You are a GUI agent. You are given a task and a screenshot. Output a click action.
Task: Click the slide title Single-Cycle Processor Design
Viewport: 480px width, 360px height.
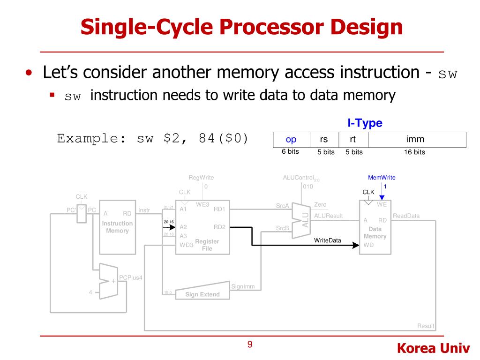click(241, 27)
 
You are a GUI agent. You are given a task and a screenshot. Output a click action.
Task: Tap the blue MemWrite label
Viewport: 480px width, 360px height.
click(382, 178)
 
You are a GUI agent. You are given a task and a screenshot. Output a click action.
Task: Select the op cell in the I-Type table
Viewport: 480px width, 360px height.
click(291, 139)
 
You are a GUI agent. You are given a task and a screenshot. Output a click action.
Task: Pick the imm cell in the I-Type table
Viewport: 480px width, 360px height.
click(415, 139)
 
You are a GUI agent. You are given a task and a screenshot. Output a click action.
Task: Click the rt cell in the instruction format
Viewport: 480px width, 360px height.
click(352, 139)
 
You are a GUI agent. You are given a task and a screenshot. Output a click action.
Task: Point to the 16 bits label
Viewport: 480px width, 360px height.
click(414, 152)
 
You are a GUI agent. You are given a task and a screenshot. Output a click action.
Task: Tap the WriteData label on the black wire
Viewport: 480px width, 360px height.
click(328, 240)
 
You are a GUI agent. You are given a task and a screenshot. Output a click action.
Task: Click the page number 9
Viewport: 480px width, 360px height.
click(250, 345)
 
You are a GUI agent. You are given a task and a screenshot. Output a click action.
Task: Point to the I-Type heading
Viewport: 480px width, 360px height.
click(365, 123)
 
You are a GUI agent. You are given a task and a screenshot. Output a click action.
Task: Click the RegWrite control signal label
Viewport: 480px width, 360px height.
click(201, 178)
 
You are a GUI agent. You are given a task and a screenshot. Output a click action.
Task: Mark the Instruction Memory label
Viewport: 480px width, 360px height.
click(117, 227)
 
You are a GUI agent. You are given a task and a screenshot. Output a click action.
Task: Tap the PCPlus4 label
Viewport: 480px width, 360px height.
click(130, 277)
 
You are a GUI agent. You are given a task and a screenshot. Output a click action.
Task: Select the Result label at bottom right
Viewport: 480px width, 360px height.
click(426, 326)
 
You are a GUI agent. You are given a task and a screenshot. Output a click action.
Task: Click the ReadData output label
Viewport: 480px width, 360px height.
click(406, 216)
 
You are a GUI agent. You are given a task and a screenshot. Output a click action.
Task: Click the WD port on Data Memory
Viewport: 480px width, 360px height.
click(369, 245)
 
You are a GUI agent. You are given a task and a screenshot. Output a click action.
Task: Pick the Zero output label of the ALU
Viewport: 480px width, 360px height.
click(320, 205)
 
